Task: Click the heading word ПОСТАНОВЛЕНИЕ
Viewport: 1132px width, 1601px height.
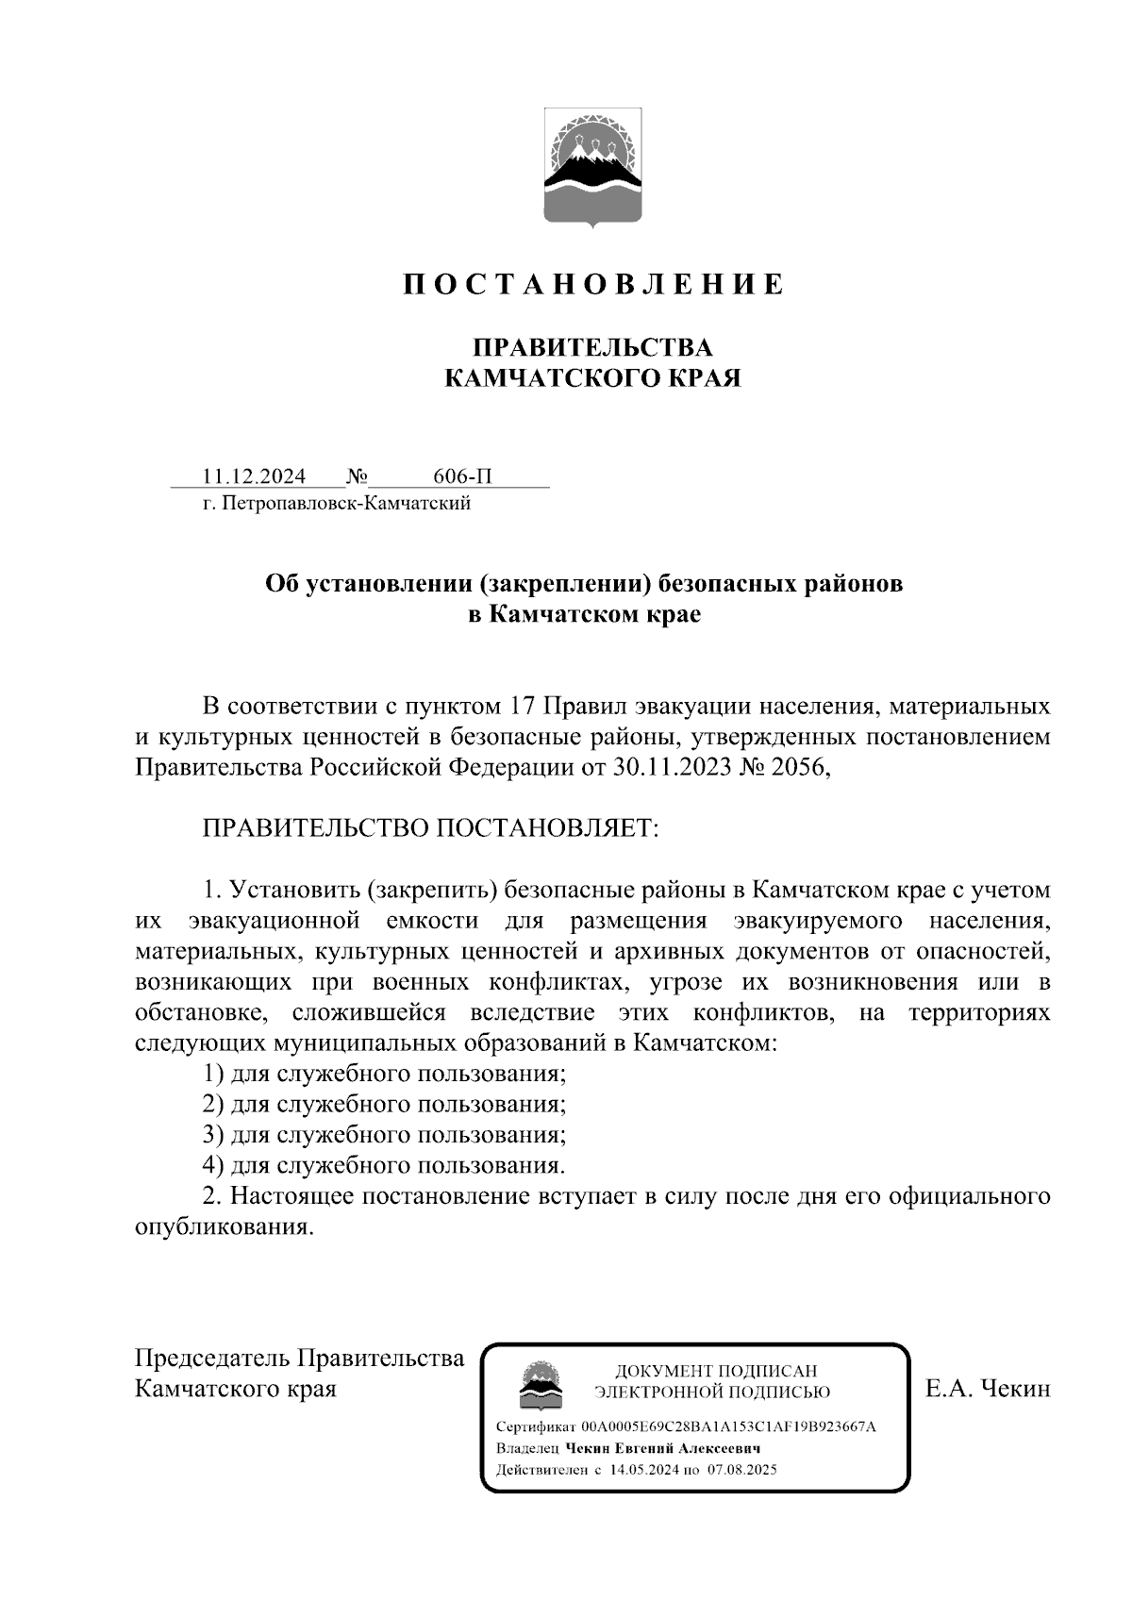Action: click(x=593, y=284)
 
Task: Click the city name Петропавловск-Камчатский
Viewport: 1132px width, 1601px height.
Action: click(x=345, y=504)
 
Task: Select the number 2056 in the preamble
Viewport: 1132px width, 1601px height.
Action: click(x=798, y=768)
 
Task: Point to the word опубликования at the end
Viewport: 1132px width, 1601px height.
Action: click(x=223, y=1227)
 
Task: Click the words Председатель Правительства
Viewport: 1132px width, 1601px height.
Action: click(x=300, y=1359)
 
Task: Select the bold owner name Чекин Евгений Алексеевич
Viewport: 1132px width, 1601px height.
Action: click(x=663, y=1448)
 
